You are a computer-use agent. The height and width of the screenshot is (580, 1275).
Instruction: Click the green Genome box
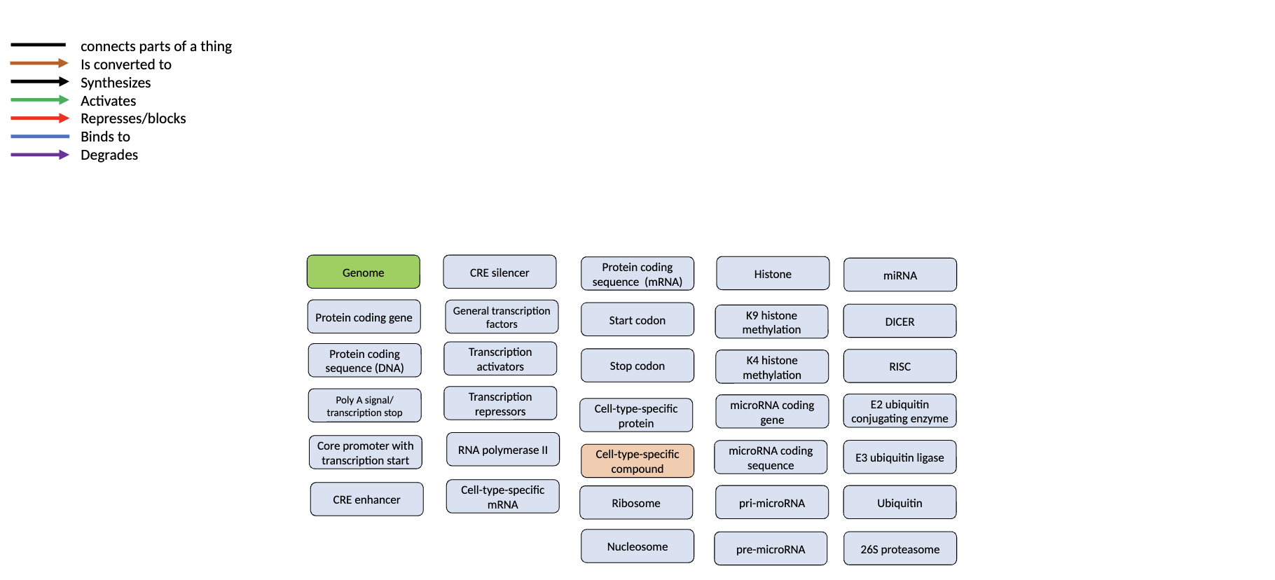point(363,272)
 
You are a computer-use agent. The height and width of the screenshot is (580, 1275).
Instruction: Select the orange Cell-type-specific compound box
point(637,461)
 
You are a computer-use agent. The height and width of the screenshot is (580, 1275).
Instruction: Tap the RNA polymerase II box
point(503,450)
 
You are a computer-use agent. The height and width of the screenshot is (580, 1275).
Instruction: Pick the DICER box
point(900,322)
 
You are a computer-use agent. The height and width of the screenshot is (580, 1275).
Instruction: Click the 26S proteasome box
point(900,549)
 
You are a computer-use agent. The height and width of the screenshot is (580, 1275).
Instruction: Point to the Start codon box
point(637,320)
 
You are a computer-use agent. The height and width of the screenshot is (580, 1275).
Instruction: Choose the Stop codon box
point(637,366)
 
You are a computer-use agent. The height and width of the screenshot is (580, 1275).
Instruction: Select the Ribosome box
point(635,503)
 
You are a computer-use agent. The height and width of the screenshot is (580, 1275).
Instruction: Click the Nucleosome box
point(637,546)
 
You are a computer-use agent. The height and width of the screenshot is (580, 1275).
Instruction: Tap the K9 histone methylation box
point(771,322)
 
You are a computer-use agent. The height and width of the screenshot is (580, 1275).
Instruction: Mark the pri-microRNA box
point(771,503)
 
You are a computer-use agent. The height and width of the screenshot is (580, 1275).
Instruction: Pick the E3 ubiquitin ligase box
point(900,457)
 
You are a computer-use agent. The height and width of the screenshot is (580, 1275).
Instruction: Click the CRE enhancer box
point(366,499)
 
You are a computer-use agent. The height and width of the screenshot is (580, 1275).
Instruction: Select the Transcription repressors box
point(500,404)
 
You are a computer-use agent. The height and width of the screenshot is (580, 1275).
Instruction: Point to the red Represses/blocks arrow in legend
point(39,118)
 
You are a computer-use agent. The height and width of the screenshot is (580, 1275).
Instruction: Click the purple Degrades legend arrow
point(39,155)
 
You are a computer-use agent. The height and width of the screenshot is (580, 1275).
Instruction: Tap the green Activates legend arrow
point(39,100)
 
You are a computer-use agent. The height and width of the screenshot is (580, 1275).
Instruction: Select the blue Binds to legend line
point(39,137)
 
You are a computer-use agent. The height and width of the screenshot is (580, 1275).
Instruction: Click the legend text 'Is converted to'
point(126,64)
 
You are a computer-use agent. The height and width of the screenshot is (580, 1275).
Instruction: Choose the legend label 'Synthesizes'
point(116,83)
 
